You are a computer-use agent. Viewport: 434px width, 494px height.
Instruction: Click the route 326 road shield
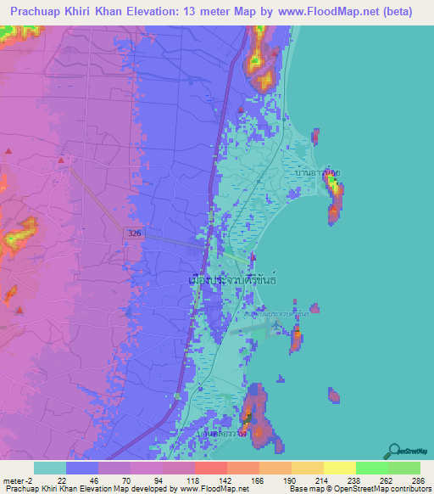click(x=136, y=233)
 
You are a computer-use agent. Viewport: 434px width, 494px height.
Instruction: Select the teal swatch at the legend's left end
click(x=50, y=468)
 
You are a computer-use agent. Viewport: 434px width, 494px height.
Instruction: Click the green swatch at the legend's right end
click(x=403, y=468)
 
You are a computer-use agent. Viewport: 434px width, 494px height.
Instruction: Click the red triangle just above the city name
click(x=253, y=258)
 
